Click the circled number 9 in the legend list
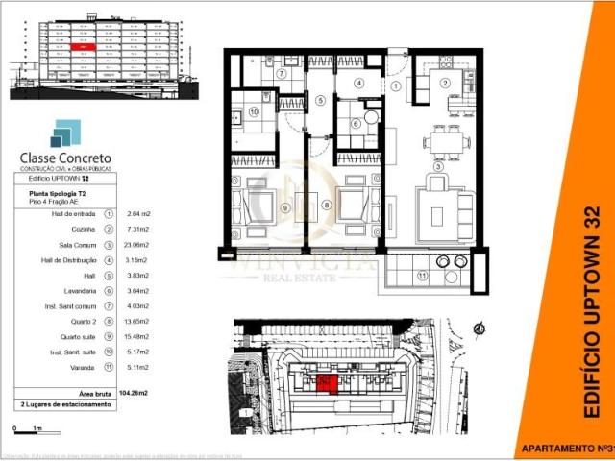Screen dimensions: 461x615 (109, 337)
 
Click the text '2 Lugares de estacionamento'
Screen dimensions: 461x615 (64, 404)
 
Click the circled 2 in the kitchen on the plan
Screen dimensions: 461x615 (445, 83)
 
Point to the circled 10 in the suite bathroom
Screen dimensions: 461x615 (254, 111)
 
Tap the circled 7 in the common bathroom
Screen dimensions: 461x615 (282, 73)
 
